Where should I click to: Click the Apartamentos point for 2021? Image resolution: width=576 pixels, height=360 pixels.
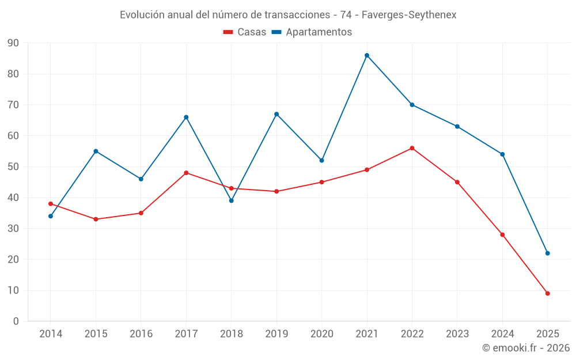point(367,55)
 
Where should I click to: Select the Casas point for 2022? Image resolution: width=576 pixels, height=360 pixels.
point(412,148)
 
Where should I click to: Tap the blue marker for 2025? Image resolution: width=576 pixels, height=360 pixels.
point(548,253)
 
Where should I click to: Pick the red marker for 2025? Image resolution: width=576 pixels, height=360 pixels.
point(548,293)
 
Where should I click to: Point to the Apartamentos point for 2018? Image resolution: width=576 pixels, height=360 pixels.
point(232,200)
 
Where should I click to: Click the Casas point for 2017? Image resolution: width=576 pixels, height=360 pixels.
point(186,173)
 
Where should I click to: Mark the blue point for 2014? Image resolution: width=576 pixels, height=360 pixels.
point(51,216)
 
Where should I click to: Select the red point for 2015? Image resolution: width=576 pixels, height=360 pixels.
point(96,219)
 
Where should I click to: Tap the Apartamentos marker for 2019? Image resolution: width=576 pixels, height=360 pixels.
point(276,114)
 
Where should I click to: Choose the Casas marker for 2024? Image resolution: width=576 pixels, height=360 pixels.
point(502,234)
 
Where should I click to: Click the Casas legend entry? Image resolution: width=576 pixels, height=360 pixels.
point(245,32)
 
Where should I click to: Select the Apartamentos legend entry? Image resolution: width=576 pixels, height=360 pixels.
point(312,32)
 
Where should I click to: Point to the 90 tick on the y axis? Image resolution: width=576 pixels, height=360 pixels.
point(13,43)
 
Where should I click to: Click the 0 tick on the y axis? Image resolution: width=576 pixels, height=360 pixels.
point(16,321)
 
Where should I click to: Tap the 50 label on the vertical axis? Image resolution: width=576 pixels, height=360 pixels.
point(13,167)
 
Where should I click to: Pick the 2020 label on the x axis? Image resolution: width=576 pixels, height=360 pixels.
point(322,334)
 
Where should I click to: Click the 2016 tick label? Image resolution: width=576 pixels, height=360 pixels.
point(141,334)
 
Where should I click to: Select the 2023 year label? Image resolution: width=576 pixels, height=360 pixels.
point(457,334)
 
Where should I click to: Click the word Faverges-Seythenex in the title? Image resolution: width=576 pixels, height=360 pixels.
point(409,15)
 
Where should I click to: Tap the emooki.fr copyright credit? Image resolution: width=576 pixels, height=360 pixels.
point(526,348)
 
